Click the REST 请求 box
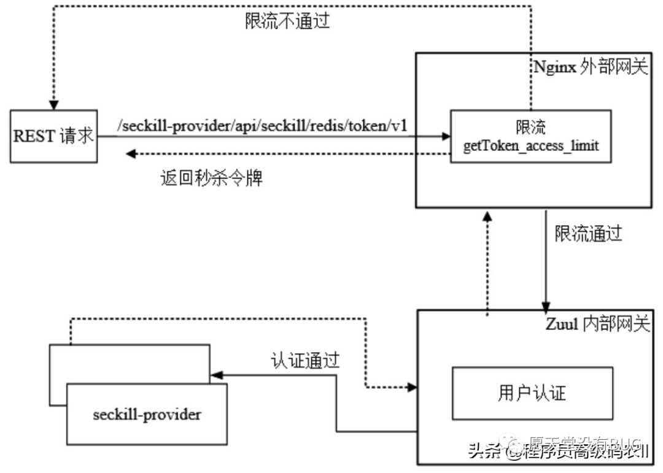click(x=53, y=136)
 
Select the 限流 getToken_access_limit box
click(x=530, y=136)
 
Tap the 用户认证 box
click(x=532, y=393)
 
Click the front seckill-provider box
click(x=147, y=414)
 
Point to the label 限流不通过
click(x=287, y=21)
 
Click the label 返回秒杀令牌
click(x=212, y=179)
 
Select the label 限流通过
click(x=588, y=233)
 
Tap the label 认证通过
click(x=305, y=360)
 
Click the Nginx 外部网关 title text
click(x=590, y=67)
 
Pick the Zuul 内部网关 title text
click(x=596, y=325)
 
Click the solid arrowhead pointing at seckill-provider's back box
click(x=215, y=374)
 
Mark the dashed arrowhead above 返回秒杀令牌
click(x=131, y=153)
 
